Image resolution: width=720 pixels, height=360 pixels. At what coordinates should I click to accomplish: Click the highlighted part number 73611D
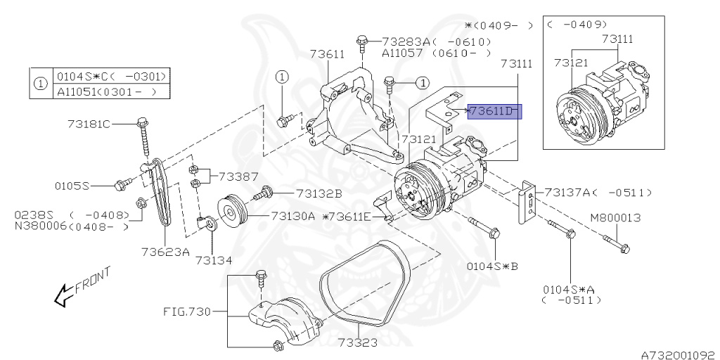pyautogui.click(x=494, y=111)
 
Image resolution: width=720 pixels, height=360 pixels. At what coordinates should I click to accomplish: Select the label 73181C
pyautogui.click(x=89, y=124)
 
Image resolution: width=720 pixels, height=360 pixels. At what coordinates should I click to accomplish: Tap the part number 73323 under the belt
pyautogui.click(x=358, y=342)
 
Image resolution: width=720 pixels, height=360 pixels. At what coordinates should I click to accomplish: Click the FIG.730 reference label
pyautogui.click(x=187, y=312)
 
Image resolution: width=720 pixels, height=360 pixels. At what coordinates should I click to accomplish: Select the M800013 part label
pyautogui.click(x=617, y=218)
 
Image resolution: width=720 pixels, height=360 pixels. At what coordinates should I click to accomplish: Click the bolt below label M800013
pyautogui.click(x=616, y=244)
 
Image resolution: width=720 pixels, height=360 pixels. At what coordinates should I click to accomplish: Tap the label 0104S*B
pyautogui.click(x=492, y=266)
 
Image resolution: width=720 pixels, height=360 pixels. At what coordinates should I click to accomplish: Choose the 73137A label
pyautogui.click(x=568, y=193)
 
